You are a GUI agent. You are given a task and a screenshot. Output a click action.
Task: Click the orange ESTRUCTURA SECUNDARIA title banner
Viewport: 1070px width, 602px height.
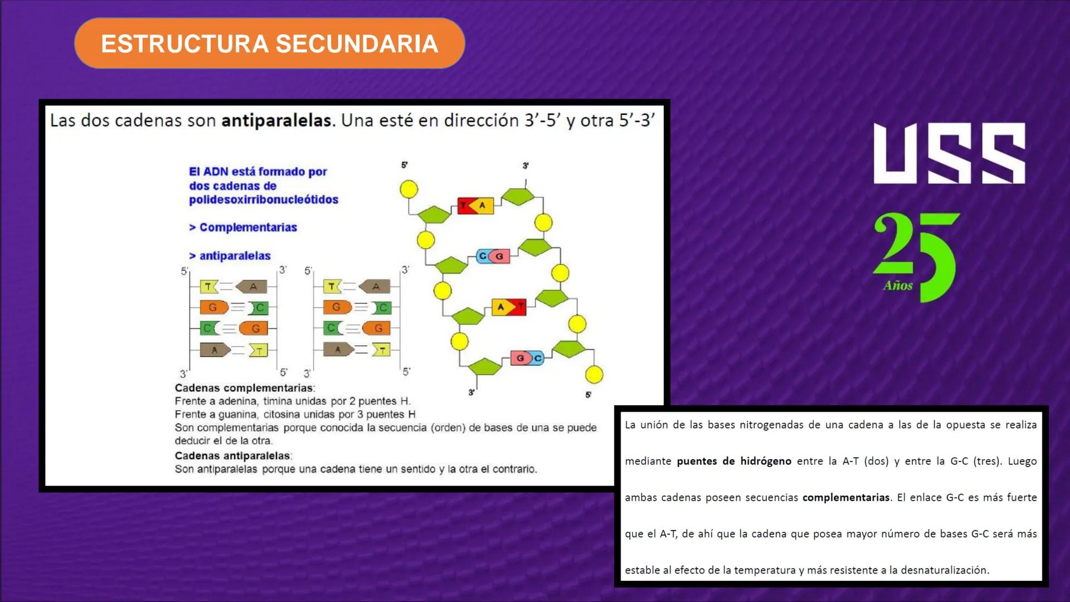[x=269, y=43]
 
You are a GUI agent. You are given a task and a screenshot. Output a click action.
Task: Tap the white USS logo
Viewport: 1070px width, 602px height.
[x=949, y=153]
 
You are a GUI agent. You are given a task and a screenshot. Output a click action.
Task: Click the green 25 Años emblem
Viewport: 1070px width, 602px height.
[x=916, y=256]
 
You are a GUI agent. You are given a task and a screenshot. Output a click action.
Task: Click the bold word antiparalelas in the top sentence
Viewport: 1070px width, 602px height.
[x=276, y=120]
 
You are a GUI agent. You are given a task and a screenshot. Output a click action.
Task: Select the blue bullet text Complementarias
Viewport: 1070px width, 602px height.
[x=247, y=227]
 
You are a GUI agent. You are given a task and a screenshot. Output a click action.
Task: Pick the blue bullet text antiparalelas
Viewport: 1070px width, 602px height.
[x=235, y=256]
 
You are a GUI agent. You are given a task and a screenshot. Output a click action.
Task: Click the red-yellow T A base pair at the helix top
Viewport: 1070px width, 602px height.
[x=475, y=206]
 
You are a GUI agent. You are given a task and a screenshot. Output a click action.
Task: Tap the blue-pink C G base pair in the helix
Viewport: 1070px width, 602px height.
[x=493, y=256]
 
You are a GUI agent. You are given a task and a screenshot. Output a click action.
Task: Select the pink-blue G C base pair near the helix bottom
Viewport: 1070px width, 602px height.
[x=527, y=358]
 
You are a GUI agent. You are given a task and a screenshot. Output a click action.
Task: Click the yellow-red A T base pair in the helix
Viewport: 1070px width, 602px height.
[x=509, y=307]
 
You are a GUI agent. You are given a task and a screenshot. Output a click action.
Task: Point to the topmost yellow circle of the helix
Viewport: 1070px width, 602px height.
[x=409, y=190]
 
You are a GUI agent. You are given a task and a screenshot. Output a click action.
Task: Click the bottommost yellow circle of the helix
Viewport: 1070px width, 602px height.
[x=594, y=375]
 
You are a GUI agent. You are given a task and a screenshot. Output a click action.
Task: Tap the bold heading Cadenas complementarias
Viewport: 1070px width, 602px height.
[x=244, y=388]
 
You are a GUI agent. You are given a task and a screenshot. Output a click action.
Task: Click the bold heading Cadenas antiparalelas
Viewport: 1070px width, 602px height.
[x=232, y=456]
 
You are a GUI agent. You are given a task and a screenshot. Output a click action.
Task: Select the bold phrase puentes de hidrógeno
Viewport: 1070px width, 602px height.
[x=734, y=461]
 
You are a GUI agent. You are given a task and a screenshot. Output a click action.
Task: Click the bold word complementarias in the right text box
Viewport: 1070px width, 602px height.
[x=845, y=497]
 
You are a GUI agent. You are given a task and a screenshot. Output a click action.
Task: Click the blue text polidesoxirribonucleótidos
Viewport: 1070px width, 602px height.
[x=264, y=200]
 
